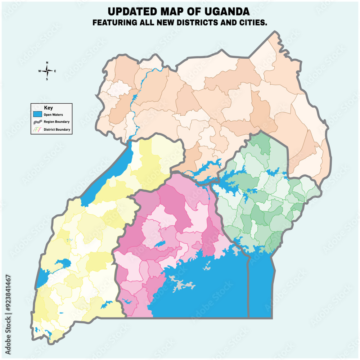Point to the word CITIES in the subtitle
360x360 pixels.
254,22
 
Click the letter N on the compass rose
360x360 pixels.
47,63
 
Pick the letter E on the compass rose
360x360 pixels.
55,71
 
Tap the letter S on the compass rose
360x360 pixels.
47,79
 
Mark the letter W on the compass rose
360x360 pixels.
39,71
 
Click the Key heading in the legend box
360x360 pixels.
48,108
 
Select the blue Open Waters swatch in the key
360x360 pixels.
37,114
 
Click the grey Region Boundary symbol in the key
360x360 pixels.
37,122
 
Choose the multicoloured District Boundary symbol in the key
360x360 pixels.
37,130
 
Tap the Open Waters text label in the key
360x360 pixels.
53,114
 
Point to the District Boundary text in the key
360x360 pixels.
57,130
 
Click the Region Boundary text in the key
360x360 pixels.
57,122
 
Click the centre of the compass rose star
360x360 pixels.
47,71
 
